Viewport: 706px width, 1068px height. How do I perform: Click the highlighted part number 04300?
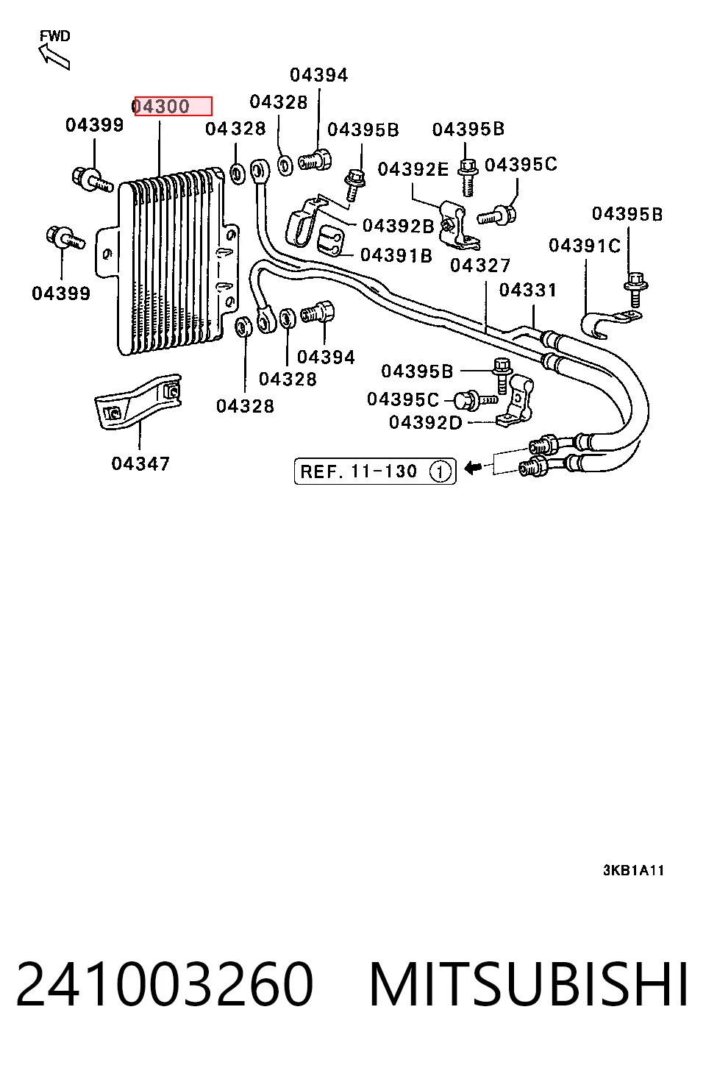(x=161, y=107)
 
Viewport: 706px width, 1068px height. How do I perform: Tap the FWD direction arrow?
(x=54, y=56)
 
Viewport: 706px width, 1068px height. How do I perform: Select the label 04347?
(x=140, y=463)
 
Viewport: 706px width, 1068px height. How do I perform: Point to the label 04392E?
(x=413, y=169)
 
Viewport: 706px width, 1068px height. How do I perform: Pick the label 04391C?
(x=585, y=246)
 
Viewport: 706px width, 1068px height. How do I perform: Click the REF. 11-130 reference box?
(x=375, y=471)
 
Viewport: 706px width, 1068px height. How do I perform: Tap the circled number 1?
(x=440, y=471)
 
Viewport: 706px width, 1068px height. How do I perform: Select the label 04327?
(x=480, y=265)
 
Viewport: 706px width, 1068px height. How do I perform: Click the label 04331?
(x=528, y=290)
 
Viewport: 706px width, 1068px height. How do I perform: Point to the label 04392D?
(x=426, y=422)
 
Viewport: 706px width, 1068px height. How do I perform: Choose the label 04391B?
(x=396, y=255)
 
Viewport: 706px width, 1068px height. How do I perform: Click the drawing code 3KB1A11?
(x=633, y=871)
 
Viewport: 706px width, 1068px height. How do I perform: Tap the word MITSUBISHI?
(x=529, y=984)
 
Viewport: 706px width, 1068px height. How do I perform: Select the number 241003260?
(x=165, y=984)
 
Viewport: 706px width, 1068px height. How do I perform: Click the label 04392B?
(x=399, y=226)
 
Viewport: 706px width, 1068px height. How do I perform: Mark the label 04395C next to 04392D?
(x=403, y=399)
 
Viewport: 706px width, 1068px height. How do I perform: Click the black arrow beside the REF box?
(x=473, y=469)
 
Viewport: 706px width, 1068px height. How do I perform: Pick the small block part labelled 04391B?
(x=330, y=241)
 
